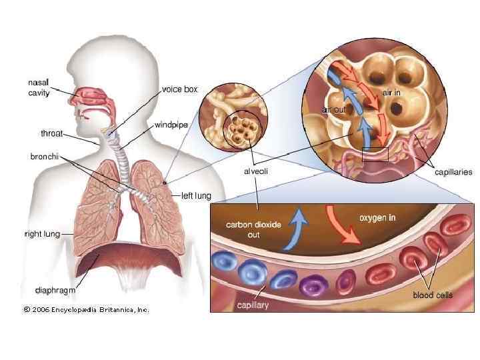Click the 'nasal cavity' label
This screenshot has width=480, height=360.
[39, 87]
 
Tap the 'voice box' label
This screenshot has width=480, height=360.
[179, 89]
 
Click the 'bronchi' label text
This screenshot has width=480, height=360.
[45, 157]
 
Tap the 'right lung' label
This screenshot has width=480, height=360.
[42, 234]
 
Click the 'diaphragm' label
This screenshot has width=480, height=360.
[55, 290]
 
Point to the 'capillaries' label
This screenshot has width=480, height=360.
[453, 172]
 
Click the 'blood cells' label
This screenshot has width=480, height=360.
[433, 295]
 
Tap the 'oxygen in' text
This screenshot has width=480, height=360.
[377, 218]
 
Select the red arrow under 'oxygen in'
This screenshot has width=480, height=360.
[341, 225]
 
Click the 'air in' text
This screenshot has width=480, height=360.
[391, 93]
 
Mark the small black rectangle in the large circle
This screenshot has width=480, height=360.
[375, 154]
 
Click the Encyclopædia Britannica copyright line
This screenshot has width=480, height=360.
[86, 309]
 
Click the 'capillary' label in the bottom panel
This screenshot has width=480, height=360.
[253, 305]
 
